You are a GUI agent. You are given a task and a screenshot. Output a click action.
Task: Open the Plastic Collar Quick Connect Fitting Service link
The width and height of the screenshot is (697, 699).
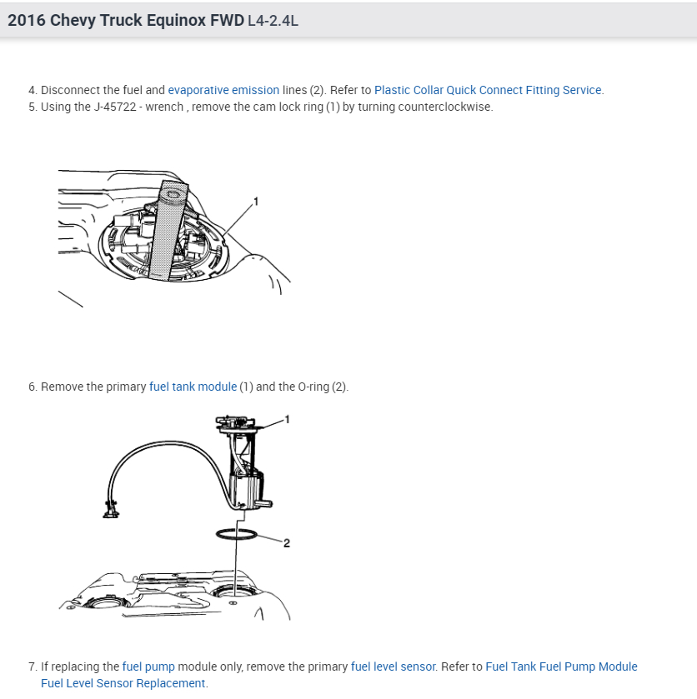[x=488, y=90]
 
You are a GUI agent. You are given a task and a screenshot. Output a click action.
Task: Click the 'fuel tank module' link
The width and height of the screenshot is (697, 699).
[x=193, y=387]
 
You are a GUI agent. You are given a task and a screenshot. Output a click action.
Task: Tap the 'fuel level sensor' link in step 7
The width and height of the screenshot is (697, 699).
[x=393, y=667]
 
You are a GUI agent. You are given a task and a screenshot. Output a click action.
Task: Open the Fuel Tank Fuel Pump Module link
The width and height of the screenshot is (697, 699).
[x=561, y=667]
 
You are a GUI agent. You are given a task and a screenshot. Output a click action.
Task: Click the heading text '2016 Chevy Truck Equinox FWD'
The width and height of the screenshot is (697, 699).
[x=126, y=20]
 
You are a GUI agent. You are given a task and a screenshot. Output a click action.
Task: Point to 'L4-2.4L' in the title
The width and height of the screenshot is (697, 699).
[x=273, y=21]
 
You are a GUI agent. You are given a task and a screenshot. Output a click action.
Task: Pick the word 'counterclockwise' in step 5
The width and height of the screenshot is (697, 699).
[x=445, y=107]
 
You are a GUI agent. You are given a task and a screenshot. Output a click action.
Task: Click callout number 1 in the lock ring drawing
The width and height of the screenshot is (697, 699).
[x=256, y=201]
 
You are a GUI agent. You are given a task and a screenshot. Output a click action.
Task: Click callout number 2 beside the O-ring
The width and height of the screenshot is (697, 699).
[x=286, y=543]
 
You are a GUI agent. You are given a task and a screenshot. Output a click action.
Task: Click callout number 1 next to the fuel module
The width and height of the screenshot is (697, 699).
[x=287, y=418]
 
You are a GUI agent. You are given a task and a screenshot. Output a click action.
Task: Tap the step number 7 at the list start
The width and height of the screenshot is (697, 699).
[x=32, y=667]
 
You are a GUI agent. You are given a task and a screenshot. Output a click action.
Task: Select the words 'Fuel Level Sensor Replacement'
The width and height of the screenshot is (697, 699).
[x=123, y=683]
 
